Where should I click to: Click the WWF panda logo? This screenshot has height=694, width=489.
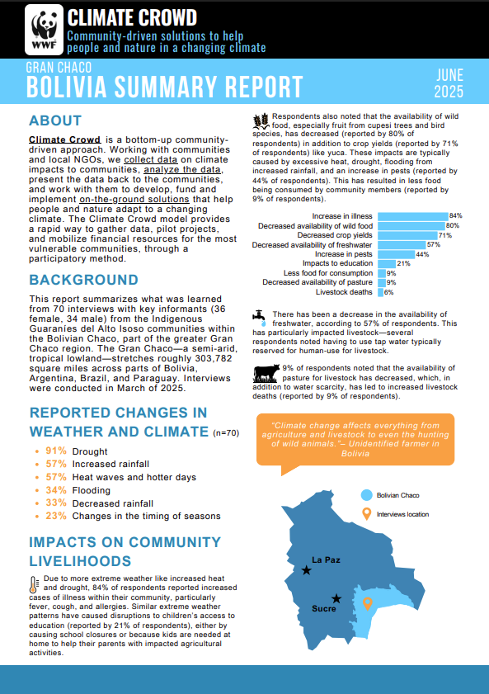(45, 29)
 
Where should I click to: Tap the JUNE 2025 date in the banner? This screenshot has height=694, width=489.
(449, 83)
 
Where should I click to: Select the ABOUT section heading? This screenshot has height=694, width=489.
(55, 120)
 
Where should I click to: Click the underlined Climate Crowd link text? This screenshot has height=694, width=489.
(64, 139)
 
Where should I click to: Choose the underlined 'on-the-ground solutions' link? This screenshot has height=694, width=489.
(134, 199)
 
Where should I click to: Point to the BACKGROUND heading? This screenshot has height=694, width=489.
(83, 280)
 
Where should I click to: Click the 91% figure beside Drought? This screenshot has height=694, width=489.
(56, 451)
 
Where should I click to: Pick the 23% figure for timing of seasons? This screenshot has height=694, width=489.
(56, 516)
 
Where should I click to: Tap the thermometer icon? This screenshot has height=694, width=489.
(34, 585)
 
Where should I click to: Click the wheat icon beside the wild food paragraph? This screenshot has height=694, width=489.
(261, 120)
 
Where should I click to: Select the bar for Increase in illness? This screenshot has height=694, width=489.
(413, 216)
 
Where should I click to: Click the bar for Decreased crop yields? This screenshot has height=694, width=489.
(407, 235)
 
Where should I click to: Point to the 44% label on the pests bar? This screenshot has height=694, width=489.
(423, 254)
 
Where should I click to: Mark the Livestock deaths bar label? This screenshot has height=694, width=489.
(344, 292)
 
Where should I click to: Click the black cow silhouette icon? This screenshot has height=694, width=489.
(266, 374)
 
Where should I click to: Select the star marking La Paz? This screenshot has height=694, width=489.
(307, 570)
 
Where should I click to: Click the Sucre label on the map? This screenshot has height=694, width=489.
(324, 609)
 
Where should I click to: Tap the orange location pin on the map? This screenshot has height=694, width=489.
(368, 603)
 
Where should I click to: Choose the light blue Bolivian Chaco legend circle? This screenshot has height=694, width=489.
(366, 495)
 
